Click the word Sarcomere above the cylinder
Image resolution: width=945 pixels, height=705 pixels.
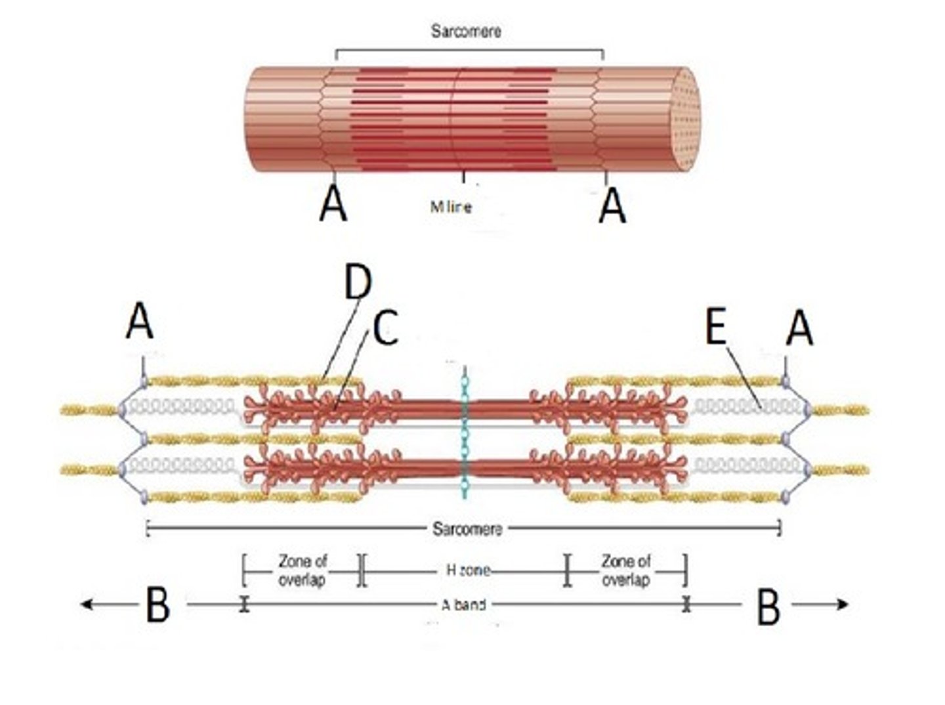465,31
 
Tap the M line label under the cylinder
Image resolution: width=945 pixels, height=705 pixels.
450,206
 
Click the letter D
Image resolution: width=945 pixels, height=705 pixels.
358,282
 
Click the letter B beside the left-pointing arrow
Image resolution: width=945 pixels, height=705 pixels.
157,605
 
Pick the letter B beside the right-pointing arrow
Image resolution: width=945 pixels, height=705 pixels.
768,607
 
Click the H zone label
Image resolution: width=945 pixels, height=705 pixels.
468,570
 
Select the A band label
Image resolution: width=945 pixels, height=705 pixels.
463,605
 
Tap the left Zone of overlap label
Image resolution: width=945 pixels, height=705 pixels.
302,570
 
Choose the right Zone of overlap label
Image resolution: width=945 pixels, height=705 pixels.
626,570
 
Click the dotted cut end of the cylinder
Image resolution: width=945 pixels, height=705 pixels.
685,119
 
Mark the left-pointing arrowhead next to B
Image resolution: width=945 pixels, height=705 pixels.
85,604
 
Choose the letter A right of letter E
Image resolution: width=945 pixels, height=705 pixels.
799,328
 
